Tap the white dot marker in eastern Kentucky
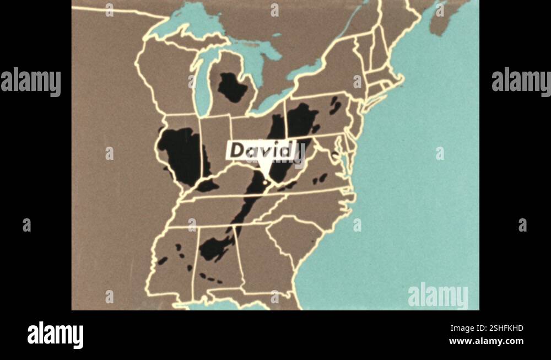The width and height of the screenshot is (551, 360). tap(265, 181)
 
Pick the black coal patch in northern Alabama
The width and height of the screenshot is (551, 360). tap(215, 248)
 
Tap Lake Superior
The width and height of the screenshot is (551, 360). tap(193, 17)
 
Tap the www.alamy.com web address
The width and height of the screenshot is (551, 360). tap(486, 341)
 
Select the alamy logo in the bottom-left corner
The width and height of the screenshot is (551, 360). tap(55, 335)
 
